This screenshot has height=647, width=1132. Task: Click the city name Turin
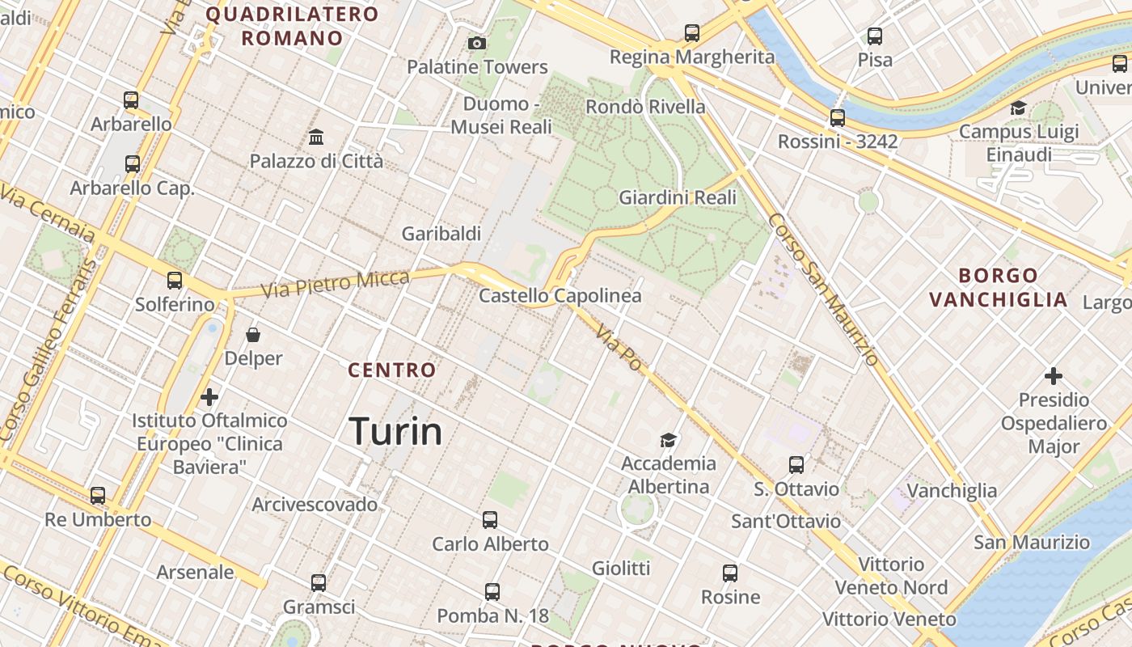[395, 431]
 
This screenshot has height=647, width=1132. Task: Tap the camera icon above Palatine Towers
[477, 43]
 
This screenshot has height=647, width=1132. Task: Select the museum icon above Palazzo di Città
[316, 137]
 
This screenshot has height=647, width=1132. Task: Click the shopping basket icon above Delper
[253, 334]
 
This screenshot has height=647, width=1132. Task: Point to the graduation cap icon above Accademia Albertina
[668, 440]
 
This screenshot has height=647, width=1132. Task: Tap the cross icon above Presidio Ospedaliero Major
[1053, 376]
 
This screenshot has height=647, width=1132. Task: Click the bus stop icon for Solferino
[175, 281]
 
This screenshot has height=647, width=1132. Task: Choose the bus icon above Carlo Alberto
[490, 519]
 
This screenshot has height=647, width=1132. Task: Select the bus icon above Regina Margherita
[691, 33]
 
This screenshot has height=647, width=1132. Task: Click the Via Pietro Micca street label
[335, 283]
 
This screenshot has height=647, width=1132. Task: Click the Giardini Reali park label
[678, 197]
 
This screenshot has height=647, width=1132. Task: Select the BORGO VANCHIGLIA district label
[998, 287]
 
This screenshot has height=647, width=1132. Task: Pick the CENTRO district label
[391, 370]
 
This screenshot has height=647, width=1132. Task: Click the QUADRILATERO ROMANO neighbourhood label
[292, 26]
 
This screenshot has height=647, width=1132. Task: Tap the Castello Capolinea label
[560, 296]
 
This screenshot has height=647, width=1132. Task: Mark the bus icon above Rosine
[730, 573]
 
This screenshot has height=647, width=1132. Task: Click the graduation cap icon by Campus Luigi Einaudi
[1018, 108]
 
